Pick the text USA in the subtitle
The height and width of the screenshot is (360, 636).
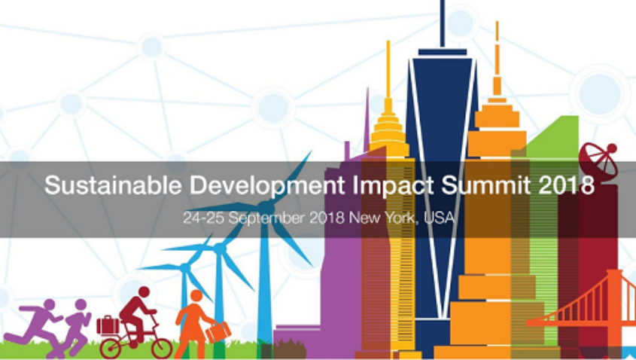[x=440, y=219]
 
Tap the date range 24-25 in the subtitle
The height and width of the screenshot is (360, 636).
[x=199, y=219]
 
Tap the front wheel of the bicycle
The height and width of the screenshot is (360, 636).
[x=160, y=346]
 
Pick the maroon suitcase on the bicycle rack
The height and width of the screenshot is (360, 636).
[x=108, y=325]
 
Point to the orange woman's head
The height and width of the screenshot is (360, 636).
[x=196, y=295]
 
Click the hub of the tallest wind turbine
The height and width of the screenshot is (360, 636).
[x=265, y=205]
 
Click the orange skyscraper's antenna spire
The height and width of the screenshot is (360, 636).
[x=497, y=53]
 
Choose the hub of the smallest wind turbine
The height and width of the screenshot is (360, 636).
[x=184, y=267]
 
